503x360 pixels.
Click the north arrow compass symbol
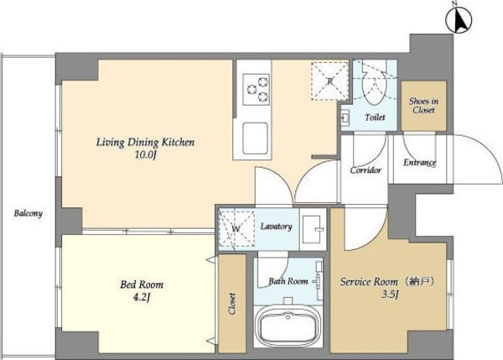pos(459,20)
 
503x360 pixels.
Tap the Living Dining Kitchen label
pos(145,143)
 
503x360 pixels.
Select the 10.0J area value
pos(145,155)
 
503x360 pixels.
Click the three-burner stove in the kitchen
pos(256,89)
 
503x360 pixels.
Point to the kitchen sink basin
pos(255,138)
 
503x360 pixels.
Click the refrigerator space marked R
pos(329,81)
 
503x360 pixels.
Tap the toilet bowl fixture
pos(375,86)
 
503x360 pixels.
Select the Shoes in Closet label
pos(423,106)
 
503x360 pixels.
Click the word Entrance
pos(420,163)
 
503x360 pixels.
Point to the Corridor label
pos(366,170)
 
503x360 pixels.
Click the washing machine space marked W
pos(236,228)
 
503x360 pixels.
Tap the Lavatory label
pos(276,227)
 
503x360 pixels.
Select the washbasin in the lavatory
pos(313,229)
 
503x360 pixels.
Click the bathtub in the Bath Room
pos(288,326)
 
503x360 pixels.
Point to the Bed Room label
pos(142,284)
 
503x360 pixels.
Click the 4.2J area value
pos(142,298)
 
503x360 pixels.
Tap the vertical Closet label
pos(232,304)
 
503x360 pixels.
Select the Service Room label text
pos(369,282)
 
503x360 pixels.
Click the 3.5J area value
pos(390,295)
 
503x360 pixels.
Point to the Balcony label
pos(29,213)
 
